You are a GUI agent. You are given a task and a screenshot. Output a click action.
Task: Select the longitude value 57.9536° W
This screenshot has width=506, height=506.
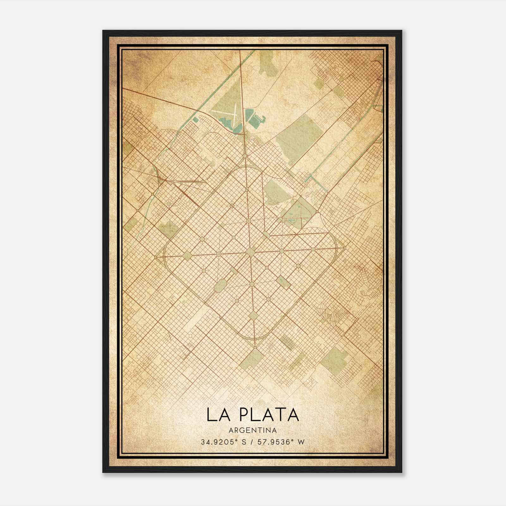click(281, 442)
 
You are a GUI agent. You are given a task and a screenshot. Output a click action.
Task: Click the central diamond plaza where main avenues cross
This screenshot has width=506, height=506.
click(250, 252)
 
